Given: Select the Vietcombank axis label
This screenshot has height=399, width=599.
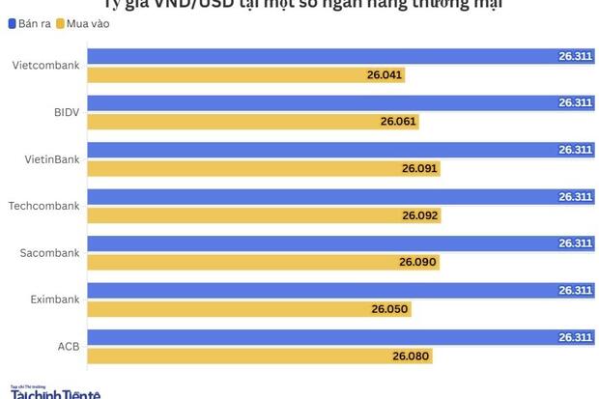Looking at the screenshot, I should (45, 66).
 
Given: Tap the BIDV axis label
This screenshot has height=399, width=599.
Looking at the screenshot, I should (66, 112).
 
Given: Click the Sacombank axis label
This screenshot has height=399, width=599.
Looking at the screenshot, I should (49, 253).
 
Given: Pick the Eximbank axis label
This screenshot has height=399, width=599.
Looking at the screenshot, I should (53, 299).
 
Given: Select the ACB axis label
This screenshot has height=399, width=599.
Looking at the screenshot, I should (68, 347).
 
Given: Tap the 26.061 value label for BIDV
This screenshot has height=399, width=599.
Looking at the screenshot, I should (398, 122).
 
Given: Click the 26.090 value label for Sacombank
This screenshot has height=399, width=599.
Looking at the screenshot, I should (417, 263).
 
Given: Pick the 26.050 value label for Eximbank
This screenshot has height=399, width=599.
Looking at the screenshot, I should (390, 309).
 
